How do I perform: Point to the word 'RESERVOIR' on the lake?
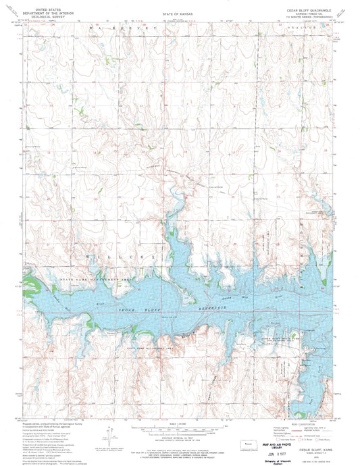pos(203,305)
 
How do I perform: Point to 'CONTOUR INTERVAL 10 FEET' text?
pos(178,413)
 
